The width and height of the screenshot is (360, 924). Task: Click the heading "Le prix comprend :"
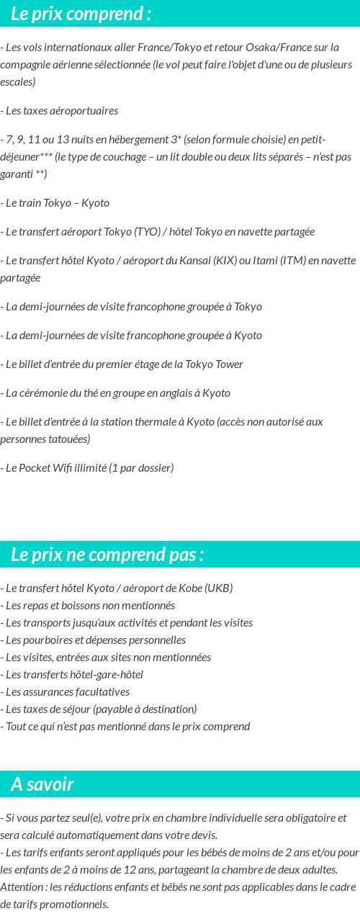pos(81,13)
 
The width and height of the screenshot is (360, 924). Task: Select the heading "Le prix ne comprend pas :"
pos(107,555)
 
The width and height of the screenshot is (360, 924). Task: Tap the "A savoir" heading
pos(42,784)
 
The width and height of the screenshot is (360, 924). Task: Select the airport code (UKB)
pos(219,588)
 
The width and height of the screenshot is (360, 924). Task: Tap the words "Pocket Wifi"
pos(47,468)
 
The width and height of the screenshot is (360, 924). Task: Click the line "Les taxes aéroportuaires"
pos(59,111)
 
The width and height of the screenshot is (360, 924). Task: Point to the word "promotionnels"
pos(75,905)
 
